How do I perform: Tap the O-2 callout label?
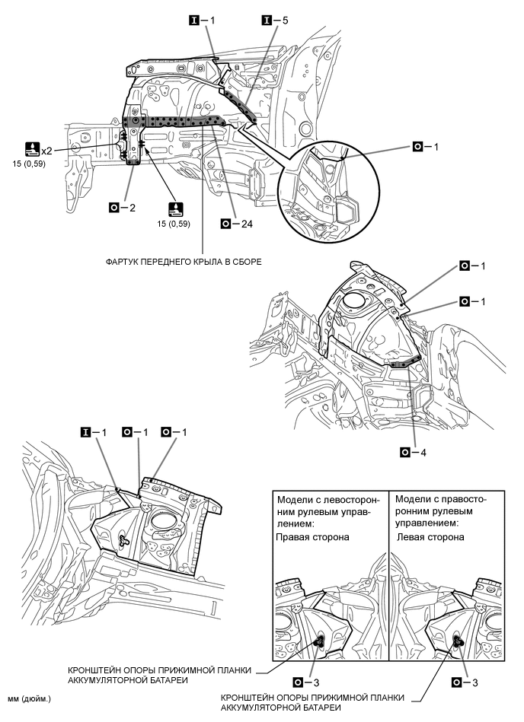pyautogui.click(x=122, y=206)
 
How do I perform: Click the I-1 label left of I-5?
pyautogui.click(x=202, y=21)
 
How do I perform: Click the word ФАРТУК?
pyautogui.click(x=126, y=262)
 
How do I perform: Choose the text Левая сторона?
pyautogui.click(x=430, y=536)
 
